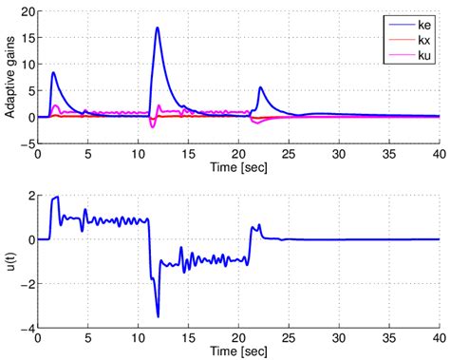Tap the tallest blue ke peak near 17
point(157,28)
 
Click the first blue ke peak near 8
point(54,72)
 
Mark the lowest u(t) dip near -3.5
point(158,316)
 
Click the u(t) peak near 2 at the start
point(57,197)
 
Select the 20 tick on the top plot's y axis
point(28,10)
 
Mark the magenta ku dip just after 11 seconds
point(154,125)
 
